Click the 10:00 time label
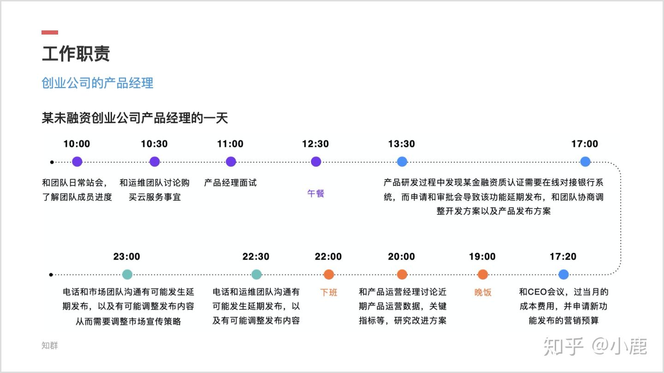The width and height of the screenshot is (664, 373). point(77,144)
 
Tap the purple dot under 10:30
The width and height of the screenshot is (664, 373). point(154,162)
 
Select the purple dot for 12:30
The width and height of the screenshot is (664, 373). point(316,162)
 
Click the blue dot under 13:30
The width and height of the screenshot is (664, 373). point(402,162)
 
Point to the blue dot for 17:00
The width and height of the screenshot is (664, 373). point(585,162)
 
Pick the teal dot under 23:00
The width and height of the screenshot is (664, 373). point(127,274)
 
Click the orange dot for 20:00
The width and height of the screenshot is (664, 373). point(402,274)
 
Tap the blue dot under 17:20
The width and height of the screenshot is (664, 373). point(563,274)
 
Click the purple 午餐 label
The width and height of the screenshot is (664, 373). point(316,193)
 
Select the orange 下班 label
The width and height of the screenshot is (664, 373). point(329,292)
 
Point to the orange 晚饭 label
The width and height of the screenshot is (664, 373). point(483,292)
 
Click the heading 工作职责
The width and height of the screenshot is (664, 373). point(76,53)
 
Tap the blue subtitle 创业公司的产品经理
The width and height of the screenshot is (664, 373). point(98,83)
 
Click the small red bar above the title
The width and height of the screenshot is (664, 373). point(50,32)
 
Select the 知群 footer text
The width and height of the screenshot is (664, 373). point(50,345)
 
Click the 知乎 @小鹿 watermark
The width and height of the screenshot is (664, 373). point(595,346)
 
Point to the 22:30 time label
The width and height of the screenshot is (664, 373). point(256,256)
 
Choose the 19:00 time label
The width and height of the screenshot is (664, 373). point(482,256)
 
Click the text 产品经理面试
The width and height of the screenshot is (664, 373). point(231,183)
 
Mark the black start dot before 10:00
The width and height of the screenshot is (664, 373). point(52,162)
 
